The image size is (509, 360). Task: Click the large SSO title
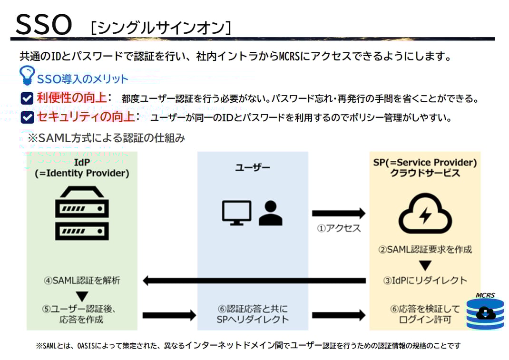44,24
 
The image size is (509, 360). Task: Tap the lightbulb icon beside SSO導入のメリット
27,76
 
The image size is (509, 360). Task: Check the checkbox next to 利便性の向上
27,98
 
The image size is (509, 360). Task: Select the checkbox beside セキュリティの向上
27,117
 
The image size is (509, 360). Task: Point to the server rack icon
82,213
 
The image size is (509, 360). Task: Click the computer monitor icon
236,212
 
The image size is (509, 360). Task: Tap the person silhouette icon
270,213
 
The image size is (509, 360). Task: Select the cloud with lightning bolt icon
425,214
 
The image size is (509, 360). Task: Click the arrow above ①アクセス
338,213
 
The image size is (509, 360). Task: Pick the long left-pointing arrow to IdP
254,281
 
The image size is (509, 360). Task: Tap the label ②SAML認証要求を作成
425,249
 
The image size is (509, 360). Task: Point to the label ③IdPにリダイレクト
425,280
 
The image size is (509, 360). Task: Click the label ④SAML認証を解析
82,280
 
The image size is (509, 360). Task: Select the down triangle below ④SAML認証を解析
82,296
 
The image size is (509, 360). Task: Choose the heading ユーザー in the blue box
253,167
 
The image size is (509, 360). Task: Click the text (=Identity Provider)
82,174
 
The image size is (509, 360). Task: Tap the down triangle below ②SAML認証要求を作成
425,265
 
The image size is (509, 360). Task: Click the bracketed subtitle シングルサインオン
161,28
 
